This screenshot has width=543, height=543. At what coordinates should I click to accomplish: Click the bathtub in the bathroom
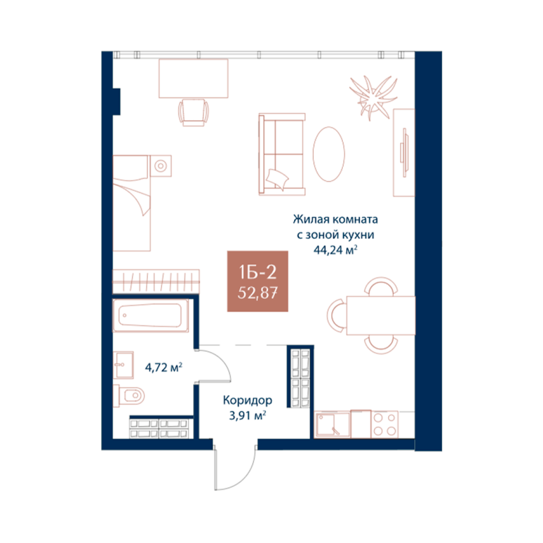click(x=151, y=315)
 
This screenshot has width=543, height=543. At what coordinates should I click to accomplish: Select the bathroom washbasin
click(x=123, y=366)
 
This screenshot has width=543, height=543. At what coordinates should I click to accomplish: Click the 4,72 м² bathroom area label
click(x=163, y=367)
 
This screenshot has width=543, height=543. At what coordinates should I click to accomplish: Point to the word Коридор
click(x=247, y=400)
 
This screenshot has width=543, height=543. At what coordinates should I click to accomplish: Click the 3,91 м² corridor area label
click(x=247, y=415)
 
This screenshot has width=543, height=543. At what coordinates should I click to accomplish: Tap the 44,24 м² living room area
click(x=335, y=250)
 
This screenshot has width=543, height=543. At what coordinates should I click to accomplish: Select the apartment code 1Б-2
click(x=257, y=272)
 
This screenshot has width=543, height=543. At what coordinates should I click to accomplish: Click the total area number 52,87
click(x=257, y=293)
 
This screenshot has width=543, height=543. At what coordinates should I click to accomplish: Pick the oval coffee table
click(x=329, y=154)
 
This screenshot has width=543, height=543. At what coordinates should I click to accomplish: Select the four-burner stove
click(x=385, y=424)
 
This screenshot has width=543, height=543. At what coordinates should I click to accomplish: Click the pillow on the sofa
click(x=277, y=179)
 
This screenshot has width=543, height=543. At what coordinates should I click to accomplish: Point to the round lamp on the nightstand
click(x=160, y=166)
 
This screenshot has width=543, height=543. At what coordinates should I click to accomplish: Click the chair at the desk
click(x=194, y=112)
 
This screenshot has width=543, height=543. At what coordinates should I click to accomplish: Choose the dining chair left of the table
click(x=337, y=315)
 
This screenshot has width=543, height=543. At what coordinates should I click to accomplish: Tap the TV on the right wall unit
click(x=404, y=153)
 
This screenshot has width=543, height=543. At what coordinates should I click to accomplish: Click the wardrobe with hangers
click(x=156, y=281)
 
